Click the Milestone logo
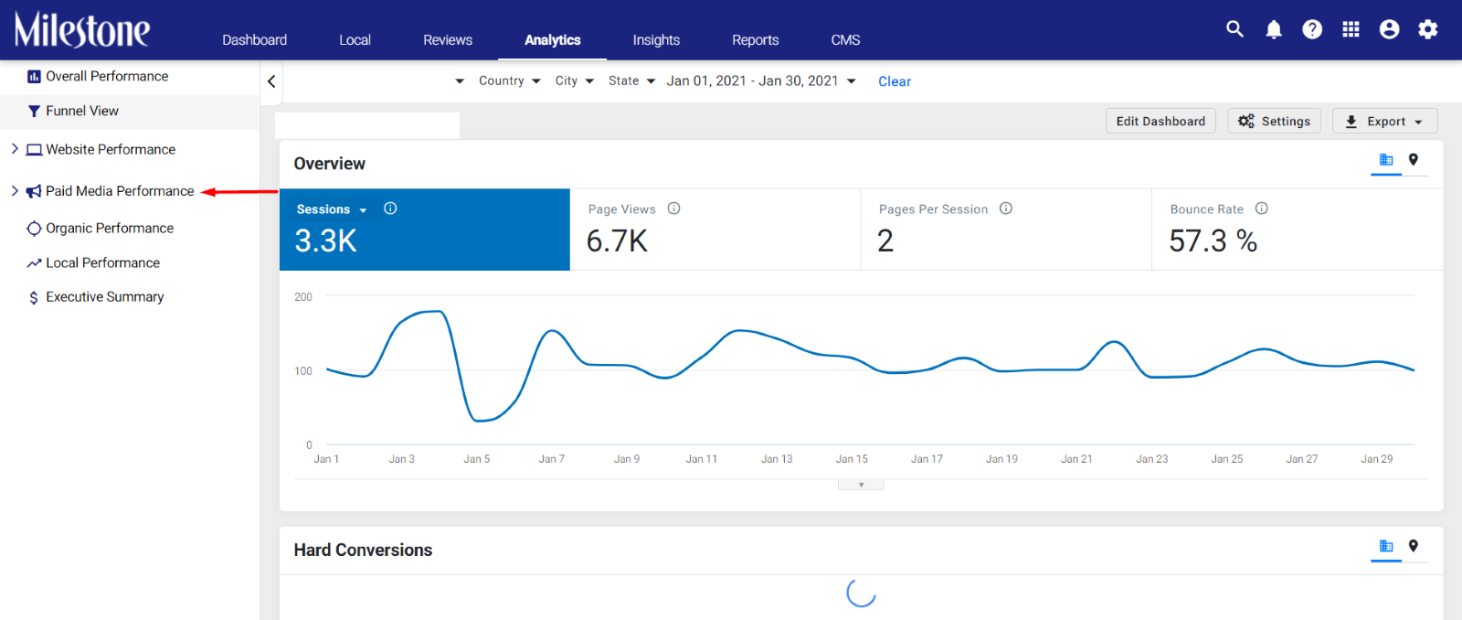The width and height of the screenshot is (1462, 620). pyautogui.click(x=82, y=30)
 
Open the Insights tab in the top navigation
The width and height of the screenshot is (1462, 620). pyautogui.click(x=656, y=40)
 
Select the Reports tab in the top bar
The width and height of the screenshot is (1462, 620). pyautogui.click(x=755, y=40)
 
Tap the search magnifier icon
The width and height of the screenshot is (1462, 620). pyautogui.click(x=1234, y=29)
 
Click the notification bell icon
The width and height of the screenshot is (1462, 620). pyautogui.click(x=1274, y=29)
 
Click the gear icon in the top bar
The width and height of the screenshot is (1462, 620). pyautogui.click(x=1428, y=29)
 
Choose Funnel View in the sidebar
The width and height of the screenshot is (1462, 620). pyautogui.click(x=82, y=111)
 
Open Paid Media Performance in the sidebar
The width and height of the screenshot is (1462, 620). pyautogui.click(x=120, y=191)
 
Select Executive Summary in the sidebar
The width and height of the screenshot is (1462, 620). pyautogui.click(x=104, y=296)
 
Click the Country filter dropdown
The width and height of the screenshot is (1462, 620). pyautogui.click(x=509, y=80)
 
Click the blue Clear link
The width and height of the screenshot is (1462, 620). pyautogui.click(x=895, y=81)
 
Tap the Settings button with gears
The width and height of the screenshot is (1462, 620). pyautogui.click(x=1274, y=121)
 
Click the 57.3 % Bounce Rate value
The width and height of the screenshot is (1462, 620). pyautogui.click(x=1213, y=241)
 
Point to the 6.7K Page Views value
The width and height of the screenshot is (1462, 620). pyautogui.click(x=617, y=241)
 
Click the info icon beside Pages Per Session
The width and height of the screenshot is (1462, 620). pyautogui.click(x=1006, y=208)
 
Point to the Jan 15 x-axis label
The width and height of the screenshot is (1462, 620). pyautogui.click(x=852, y=459)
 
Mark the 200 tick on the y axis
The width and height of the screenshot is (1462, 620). pyautogui.click(x=303, y=296)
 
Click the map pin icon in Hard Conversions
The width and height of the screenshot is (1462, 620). pyautogui.click(x=1413, y=546)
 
